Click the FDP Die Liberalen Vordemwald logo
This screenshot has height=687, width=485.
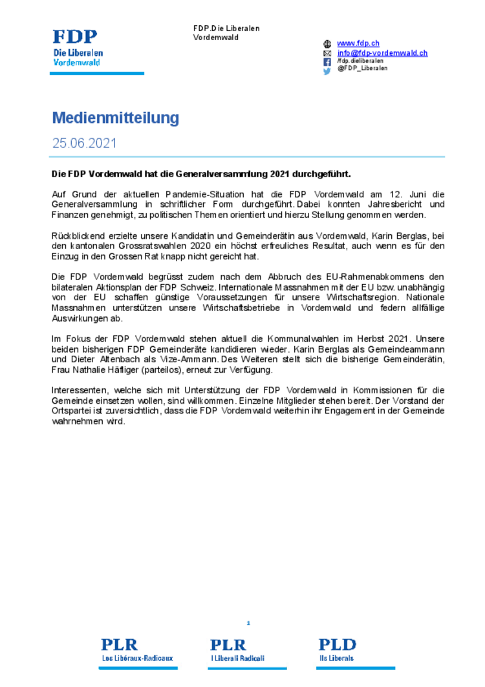click(78, 48)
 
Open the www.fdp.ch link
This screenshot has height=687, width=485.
click(358, 43)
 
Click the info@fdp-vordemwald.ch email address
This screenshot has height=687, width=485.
click(382, 52)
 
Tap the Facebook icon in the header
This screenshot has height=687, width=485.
click(327, 61)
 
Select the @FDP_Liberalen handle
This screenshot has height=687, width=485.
click(362, 68)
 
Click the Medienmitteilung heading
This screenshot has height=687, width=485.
click(115, 118)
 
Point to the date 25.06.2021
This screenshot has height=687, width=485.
click(84, 143)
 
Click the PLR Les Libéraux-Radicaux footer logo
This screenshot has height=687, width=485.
click(137, 650)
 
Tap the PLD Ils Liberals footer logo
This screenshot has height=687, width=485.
click(337, 650)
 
